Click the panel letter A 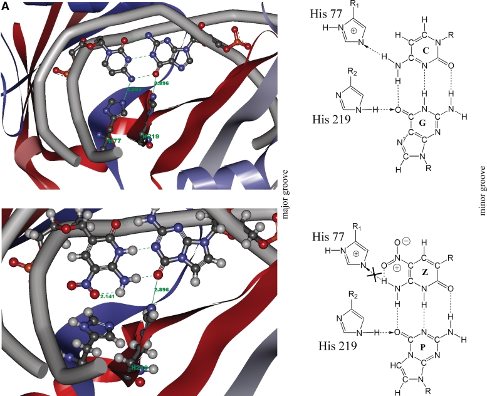pyautogui.click(x=5, y=6)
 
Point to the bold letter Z pyautogui.click(x=407, y=272)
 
